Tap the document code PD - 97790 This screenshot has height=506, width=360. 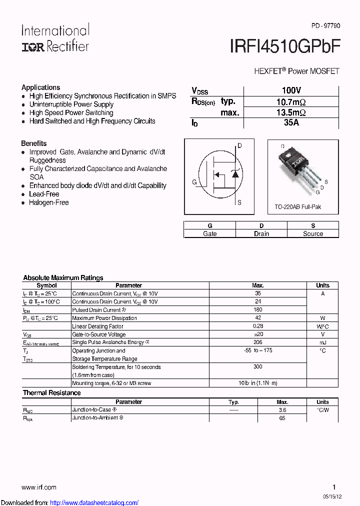pyautogui.click(x=325, y=25)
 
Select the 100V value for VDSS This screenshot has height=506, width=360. pyautogui.click(x=291, y=90)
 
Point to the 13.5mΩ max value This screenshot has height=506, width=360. pyautogui.click(x=291, y=112)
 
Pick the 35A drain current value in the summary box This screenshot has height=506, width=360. pyautogui.click(x=291, y=122)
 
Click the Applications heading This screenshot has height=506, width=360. pyautogui.click(x=40, y=87)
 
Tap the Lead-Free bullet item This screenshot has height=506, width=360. pyautogui.click(x=44, y=194)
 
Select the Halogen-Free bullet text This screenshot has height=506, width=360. pyautogui.click(x=48, y=202)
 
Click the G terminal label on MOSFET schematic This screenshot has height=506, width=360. pyautogui.click(x=194, y=182)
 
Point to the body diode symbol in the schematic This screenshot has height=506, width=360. pyautogui.click(x=234, y=173)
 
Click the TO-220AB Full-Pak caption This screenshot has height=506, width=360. pyautogui.click(x=298, y=206)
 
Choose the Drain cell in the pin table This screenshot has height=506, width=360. pyautogui.click(x=261, y=233)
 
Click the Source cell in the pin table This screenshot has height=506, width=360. pyautogui.click(x=313, y=233)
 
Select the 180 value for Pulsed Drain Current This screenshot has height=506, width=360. pyautogui.click(x=258, y=310)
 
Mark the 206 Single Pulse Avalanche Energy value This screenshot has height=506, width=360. pyautogui.click(x=258, y=342)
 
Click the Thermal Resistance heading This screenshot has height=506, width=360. pyautogui.click(x=51, y=393)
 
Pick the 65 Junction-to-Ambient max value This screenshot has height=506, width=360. pyautogui.click(x=282, y=418)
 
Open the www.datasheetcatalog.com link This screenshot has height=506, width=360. pyautogui.click(x=94, y=502)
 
